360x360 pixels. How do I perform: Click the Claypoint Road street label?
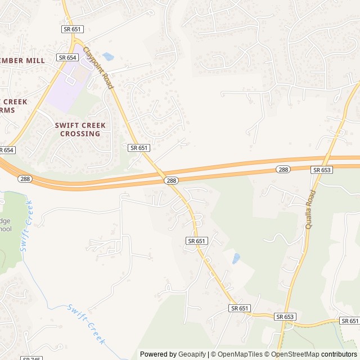pos(98,67)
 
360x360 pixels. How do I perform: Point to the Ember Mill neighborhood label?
pos(22,60)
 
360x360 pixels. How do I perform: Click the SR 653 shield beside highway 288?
pos(322,169)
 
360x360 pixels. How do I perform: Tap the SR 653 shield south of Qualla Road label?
pos(285,317)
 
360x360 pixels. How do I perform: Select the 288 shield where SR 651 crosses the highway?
pos(172,181)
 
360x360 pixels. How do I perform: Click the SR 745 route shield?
pos(31,358)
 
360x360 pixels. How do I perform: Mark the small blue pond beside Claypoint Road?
pos(108,57)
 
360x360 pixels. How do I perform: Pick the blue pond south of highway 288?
pos(236,258)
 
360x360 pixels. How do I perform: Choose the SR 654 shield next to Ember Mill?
pos(67,57)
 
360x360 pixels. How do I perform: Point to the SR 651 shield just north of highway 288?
pos(138,147)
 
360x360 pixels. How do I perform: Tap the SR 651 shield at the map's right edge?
pos(349,321)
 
